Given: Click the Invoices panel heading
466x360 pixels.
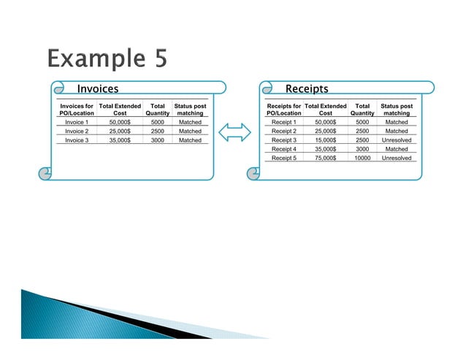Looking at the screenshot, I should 98,89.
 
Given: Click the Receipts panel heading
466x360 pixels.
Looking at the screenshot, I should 306,89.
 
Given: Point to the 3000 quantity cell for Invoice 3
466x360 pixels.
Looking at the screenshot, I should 157,140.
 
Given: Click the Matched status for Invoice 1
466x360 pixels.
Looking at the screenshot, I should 190,123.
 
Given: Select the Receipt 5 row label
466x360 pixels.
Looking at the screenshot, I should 283,158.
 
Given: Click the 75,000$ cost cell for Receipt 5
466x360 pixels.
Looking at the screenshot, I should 325,158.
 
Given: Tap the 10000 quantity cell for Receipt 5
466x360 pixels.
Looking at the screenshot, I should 362,158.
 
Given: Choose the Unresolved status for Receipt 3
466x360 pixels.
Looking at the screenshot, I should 397,140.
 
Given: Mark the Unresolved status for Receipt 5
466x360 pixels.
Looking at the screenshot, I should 397,158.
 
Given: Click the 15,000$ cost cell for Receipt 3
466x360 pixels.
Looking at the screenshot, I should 325,140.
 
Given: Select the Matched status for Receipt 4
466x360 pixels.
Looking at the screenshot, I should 397,149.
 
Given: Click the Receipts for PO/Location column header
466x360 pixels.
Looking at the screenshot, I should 283,110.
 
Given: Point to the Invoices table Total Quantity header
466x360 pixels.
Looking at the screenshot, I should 157,110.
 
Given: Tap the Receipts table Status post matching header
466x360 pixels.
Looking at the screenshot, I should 397,110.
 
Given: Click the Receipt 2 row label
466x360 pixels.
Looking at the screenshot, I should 283,131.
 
